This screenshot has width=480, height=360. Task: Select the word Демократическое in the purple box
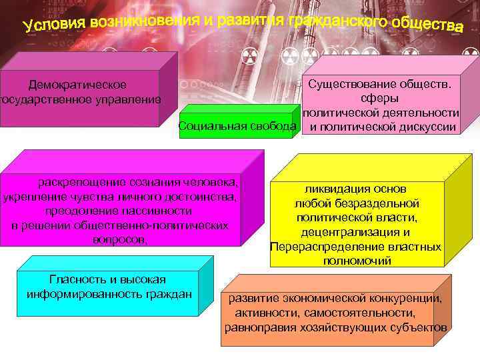tap(77, 85)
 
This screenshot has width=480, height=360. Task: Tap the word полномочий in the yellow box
tap(357, 261)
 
